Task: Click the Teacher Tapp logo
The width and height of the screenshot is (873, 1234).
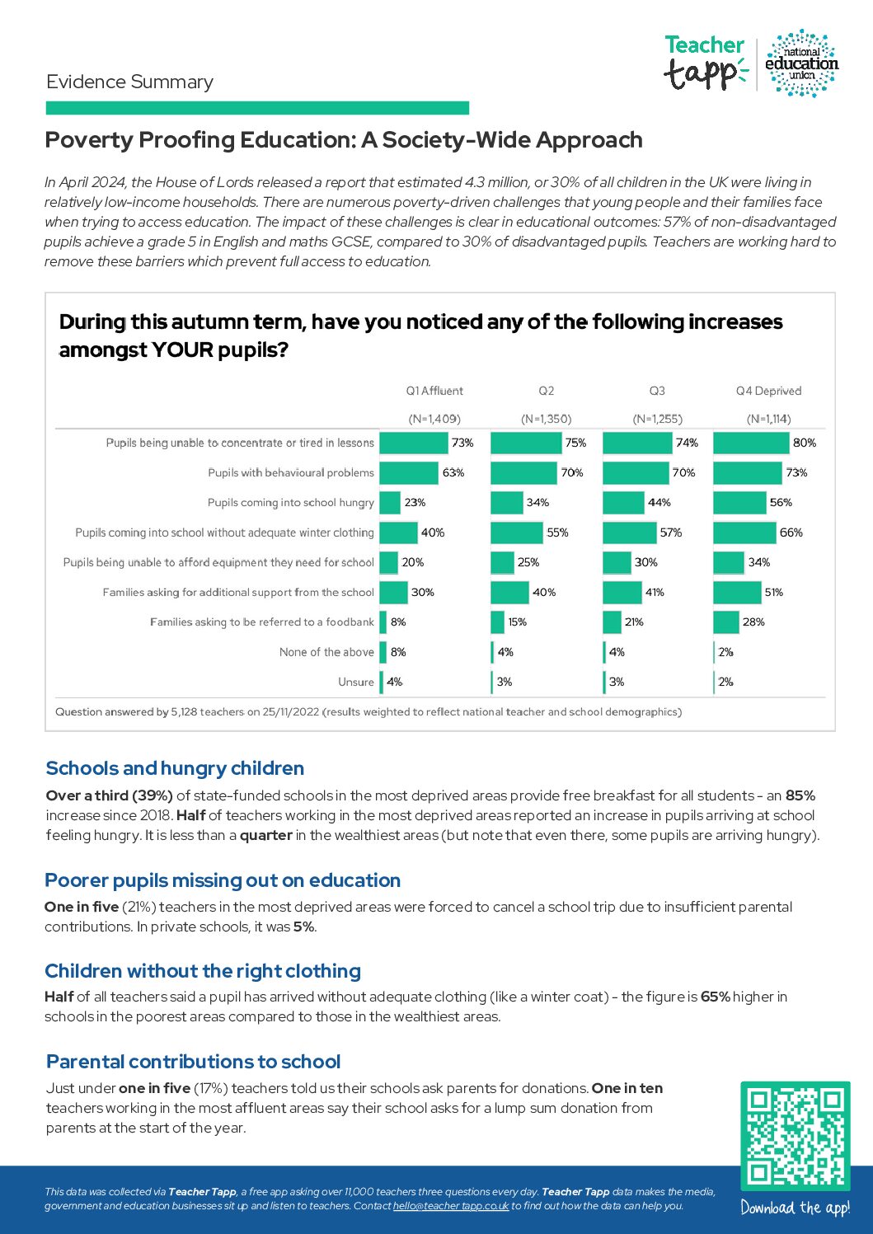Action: click(x=705, y=63)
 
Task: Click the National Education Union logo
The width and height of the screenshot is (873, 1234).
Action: click(x=801, y=63)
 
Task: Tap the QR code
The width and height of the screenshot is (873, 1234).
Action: click(x=795, y=1135)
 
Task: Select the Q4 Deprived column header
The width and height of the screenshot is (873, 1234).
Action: click(x=768, y=391)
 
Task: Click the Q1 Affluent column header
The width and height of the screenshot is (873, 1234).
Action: click(x=434, y=391)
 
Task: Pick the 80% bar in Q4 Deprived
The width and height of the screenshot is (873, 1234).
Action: click(x=751, y=443)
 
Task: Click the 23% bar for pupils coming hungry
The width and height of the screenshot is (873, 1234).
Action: click(x=390, y=502)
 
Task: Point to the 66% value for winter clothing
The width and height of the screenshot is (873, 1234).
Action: click(x=791, y=533)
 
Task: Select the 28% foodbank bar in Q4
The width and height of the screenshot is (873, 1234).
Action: click(x=726, y=622)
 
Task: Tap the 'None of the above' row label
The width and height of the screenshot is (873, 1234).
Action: click(x=326, y=652)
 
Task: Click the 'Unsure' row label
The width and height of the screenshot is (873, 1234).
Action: click(x=356, y=682)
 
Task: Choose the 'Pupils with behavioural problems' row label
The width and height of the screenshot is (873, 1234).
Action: click(x=291, y=472)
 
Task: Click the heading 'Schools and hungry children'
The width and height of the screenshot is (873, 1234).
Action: click(x=175, y=768)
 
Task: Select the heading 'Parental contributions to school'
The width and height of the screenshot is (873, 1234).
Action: click(x=194, y=1062)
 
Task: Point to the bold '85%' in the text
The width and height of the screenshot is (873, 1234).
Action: click(x=800, y=795)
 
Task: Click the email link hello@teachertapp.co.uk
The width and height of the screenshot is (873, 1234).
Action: click(x=451, y=1206)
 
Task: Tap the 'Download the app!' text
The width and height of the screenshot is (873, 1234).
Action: click(x=795, y=1208)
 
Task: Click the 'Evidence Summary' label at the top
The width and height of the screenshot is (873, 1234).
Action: click(x=130, y=82)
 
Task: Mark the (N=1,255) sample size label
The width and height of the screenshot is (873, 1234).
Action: click(x=657, y=419)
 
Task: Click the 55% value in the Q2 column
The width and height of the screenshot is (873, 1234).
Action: click(x=557, y=533)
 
